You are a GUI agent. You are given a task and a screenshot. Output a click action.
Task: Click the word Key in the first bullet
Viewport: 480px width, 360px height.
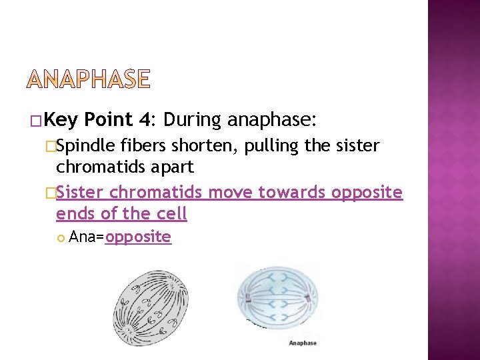(x=63, y=120)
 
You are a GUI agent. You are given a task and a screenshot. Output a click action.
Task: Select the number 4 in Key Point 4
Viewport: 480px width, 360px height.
(x=145, y=120)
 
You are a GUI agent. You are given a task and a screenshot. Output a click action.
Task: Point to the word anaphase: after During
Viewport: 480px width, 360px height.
(x=272, y=120)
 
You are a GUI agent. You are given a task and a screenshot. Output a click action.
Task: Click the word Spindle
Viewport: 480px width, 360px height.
(x=86, y=146)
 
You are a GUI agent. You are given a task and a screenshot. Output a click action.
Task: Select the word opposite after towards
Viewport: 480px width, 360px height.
(x=366, y=194)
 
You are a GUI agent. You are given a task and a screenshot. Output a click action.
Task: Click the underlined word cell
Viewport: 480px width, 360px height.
(x=172, y=214)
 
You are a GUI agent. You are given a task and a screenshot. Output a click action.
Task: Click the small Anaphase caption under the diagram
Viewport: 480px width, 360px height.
(x=303, y=343)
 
